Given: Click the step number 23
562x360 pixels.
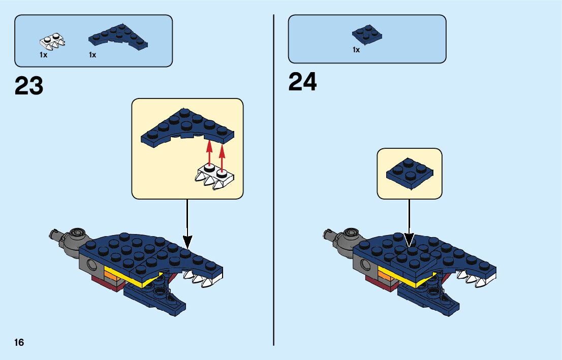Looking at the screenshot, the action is tap(29, 86).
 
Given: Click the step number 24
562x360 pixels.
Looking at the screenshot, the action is tap(302, 82).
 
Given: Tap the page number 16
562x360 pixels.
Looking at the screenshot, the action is tap(19, 342).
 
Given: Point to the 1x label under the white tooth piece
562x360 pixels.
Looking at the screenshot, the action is tap(44, 55).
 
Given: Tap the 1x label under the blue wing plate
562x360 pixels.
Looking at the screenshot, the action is tap(92, 55).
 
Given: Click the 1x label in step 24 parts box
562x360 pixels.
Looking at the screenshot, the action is tap(356, 50).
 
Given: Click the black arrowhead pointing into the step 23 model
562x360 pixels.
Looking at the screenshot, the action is tap(188, 242).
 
